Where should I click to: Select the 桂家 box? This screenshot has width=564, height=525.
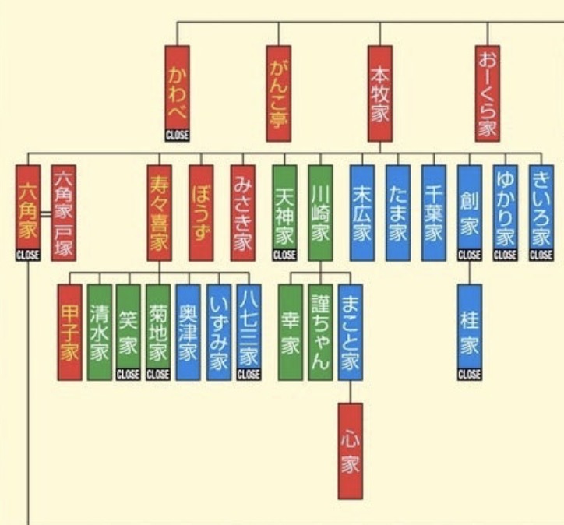click(x=469, y=327)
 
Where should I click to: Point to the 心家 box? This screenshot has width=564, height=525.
click(x=350, y=450)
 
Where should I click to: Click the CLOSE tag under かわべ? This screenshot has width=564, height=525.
click(x=177, y=136)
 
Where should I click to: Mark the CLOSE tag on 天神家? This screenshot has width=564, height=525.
click(x=284, y=255)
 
